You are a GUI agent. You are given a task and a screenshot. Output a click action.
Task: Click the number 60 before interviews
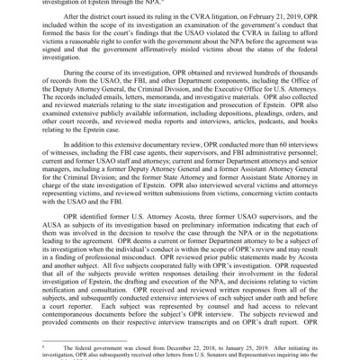[x=278, y=190]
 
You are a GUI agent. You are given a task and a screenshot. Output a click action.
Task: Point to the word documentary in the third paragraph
[x=163, y=190]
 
